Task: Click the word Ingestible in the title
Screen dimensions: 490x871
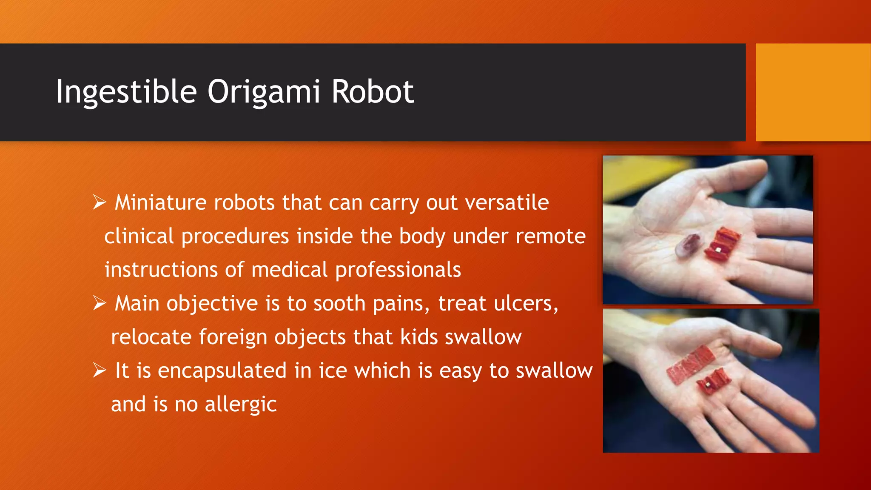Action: point(126,92)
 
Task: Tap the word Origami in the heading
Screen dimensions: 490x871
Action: point(263,92)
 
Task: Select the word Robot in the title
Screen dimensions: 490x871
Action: point(373,92)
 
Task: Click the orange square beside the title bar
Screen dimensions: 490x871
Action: point(813,92)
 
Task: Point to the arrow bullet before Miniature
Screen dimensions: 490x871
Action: point(99,202)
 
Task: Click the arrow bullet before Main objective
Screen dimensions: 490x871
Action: point(99,303)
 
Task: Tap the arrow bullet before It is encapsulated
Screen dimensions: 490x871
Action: point(99,370)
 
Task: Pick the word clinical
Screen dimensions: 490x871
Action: point(139,236)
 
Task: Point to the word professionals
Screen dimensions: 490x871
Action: point(398,270)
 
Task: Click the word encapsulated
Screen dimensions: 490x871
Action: point(222,371)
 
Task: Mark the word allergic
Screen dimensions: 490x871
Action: point(241,405)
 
